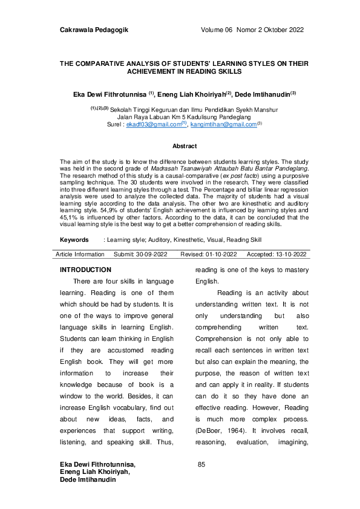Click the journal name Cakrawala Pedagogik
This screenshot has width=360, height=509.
[x=96, y=30]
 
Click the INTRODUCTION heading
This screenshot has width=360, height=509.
[x=85, y=270]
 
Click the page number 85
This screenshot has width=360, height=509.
[x=202, y=464]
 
